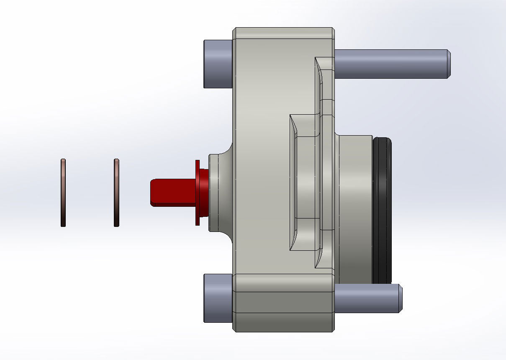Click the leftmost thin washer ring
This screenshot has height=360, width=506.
(63, 193)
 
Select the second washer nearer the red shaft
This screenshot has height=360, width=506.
(116, 193)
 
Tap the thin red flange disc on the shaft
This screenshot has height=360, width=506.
(197, 193)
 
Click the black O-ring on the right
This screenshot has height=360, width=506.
(382, 209)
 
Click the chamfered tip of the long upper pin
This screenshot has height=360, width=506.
(448, 64)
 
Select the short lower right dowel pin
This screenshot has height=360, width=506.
(364, 298)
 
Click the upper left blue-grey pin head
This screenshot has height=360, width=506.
(218, 64)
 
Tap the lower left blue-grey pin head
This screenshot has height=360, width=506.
(218, 298)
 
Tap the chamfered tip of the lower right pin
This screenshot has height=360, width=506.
(400, 298)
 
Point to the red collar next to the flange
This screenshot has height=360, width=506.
(204, 193)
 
